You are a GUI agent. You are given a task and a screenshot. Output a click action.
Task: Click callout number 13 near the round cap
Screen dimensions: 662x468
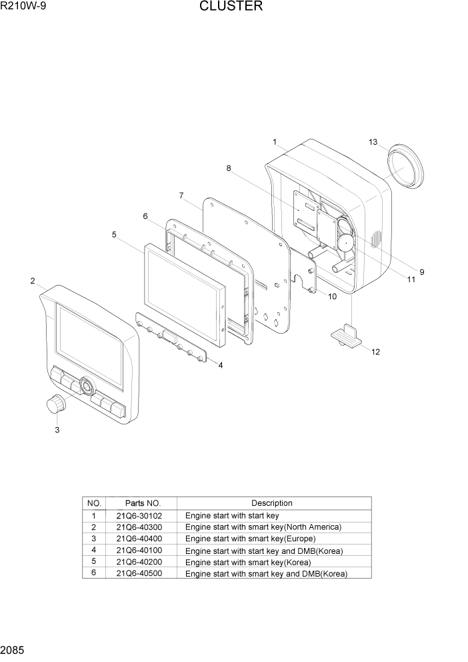click(373, 142)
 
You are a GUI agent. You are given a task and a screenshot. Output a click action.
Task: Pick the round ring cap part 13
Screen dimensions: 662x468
click(405, 167)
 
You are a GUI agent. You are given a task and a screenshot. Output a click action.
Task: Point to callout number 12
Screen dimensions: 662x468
click(375, 352)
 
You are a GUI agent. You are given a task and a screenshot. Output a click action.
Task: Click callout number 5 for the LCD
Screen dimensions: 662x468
click(114, 235)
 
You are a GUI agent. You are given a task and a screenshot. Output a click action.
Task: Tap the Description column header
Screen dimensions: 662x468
click(271, 503)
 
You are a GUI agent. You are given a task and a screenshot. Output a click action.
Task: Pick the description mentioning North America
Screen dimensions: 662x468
click(263, 527)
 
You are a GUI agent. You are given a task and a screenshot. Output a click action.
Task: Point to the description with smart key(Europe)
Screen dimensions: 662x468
click(250, 539)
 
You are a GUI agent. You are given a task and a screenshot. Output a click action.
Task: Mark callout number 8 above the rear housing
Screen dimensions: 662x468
click(229, 169)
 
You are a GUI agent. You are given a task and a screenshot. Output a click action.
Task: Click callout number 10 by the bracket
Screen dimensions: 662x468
click(332, 296)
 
